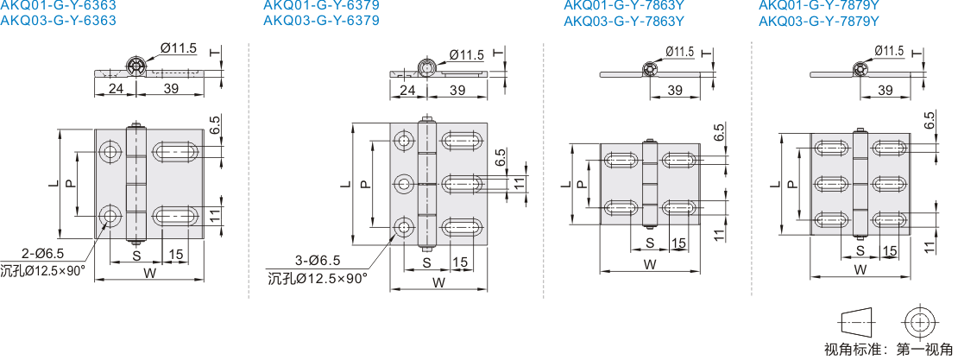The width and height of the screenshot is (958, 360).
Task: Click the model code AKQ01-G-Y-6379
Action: coord(320,4)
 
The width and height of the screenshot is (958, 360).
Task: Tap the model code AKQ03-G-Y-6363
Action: coord(58,20)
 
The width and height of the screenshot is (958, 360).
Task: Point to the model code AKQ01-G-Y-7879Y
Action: coord(818,4)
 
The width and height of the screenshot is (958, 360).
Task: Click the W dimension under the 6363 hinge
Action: coord(148,274)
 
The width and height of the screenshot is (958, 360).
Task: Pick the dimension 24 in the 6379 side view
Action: coord(407,90)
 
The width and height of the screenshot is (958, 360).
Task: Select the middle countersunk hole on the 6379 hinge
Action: coord(404,183)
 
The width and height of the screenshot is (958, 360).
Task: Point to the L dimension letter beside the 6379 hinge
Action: coord(344,184)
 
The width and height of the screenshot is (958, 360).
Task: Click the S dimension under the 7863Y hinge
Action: coord(649,243)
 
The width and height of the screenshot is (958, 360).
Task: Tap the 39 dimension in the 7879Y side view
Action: coord(885,90)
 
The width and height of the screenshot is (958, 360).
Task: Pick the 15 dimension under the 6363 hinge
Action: coord(175,255)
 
